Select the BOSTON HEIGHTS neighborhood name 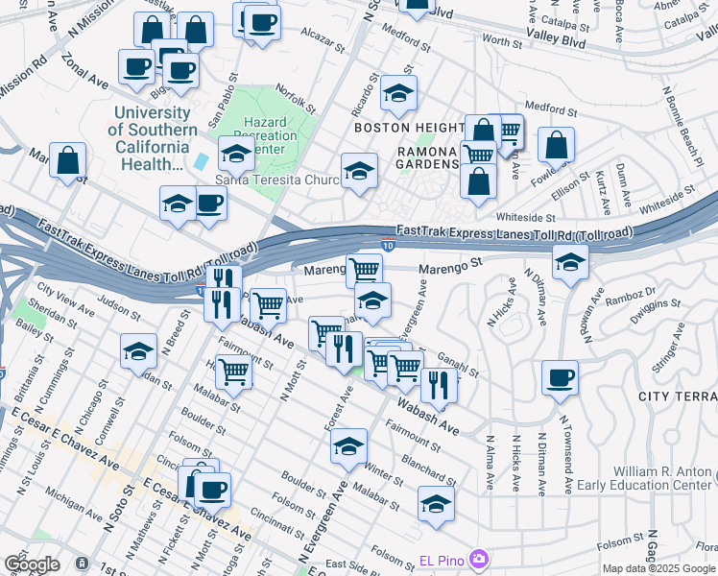click(409, 127)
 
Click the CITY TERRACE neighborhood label click(677, 396)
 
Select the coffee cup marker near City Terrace click(560, 378)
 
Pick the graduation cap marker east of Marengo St click(570, 262)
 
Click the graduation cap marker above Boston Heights click(398, 93)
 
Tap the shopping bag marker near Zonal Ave click(68, 160)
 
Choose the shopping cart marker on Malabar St click(233, 372)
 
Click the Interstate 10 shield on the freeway click(386, 247)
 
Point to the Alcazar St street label click(322, 39)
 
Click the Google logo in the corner click(32, 564)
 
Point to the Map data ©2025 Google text click(658, 568)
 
